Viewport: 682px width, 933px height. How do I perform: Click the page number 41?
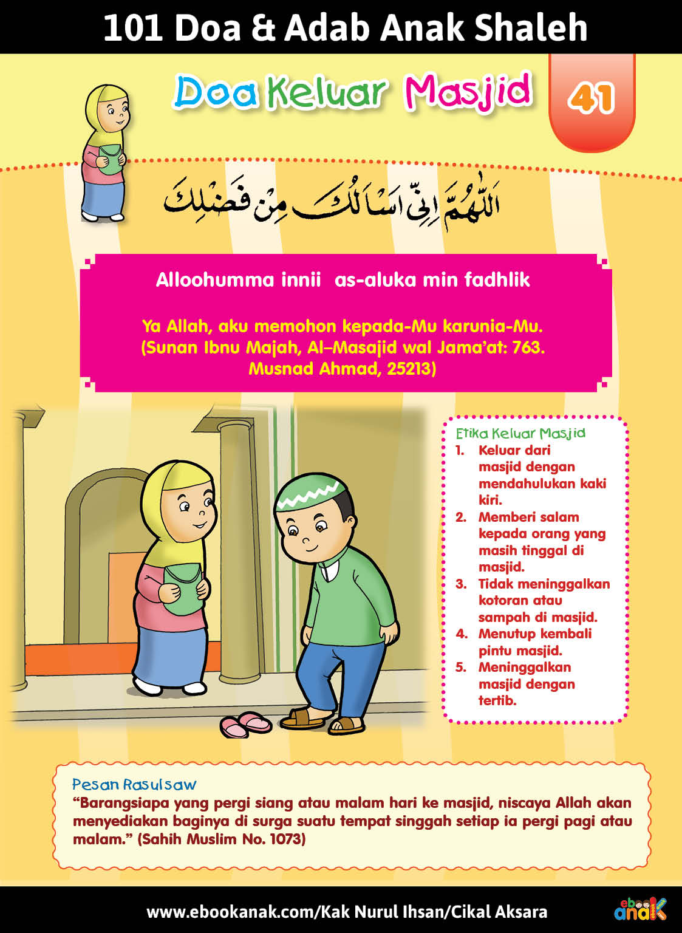coord(591,98)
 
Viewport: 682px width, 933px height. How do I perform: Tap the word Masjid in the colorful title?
coord(468,92)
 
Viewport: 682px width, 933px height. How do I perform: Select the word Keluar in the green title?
coord(327,92)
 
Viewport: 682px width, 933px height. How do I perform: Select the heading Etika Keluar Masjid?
coord(520,433)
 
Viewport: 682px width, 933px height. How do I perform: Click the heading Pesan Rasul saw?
coord(134,784)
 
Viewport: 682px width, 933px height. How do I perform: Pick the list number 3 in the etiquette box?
coord(461,584)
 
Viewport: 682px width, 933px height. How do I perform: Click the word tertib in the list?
coord(497,700)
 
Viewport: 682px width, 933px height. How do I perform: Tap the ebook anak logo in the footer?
coord(639,909)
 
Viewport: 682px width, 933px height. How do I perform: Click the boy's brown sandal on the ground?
coord(302,719)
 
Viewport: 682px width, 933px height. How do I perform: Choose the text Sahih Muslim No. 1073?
coord(222,839)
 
